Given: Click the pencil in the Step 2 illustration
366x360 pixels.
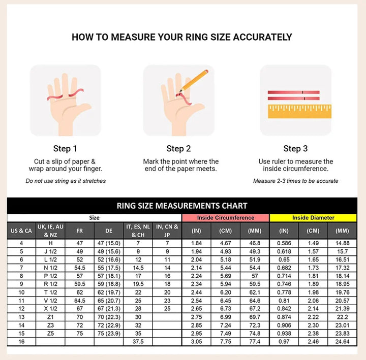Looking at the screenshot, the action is click(194, 80).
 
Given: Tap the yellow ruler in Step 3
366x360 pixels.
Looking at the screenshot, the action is click(299, 111).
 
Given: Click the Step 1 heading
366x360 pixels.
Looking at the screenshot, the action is click(65, 149).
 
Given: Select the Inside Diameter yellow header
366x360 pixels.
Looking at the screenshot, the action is click(313, 218).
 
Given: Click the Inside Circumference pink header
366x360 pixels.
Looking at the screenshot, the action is click(226, 218).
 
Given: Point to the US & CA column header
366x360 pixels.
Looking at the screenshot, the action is click(21, 231).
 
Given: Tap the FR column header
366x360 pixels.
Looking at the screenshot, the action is click(80, 231).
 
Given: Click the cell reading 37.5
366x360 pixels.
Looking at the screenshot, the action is click(138, 342).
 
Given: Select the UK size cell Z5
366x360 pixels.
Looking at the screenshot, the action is click(50, 334).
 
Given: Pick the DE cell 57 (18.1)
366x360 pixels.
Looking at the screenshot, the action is click(109, 276).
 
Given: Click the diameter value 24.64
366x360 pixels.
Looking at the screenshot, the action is click(342, 342).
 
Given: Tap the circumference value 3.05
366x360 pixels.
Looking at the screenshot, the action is click(196, 342).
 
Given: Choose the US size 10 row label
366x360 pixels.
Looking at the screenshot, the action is click(21, 292).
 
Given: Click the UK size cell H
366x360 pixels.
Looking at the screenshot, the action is click(50, 243).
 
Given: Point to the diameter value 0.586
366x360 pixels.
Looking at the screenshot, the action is click(284, 243).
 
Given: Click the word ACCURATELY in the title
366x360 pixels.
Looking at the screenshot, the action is click(262, 37).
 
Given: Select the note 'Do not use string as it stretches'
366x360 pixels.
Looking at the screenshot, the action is click(66, 181).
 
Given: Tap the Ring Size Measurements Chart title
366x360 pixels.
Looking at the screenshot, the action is click(182, 206).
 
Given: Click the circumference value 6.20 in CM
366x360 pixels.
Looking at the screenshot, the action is click(226, 292).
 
